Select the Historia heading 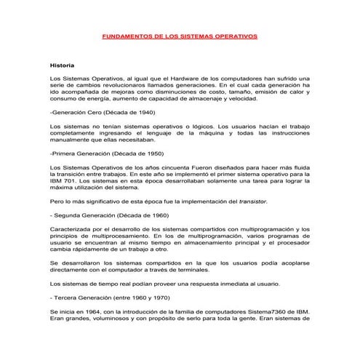(x=62, y=65)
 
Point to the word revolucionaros (x=134, y=86)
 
